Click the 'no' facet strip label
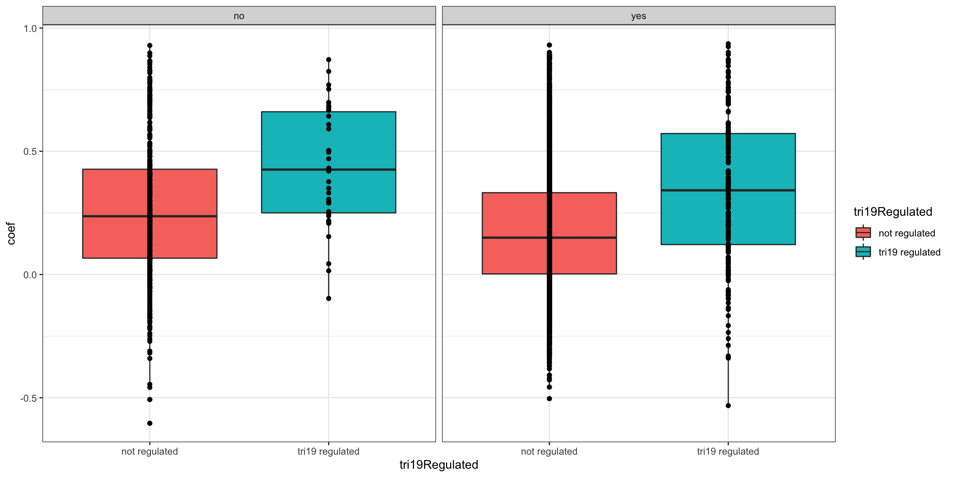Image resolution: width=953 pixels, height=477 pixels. [239, 16]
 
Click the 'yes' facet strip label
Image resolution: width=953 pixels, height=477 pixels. [639, 16]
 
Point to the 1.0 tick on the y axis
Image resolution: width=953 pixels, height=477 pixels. [31, 29]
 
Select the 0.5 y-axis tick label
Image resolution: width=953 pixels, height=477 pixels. [31, 152]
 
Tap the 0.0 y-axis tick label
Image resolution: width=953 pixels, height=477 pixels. [31, 275]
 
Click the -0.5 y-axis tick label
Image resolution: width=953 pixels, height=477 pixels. [29, 398]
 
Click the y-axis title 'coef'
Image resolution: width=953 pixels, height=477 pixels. [11, 234]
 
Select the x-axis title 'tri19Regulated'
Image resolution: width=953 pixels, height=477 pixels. [438, 465]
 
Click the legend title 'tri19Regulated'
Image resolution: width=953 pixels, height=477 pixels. [893, 212]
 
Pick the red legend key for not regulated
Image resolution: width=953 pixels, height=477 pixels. [863, 233]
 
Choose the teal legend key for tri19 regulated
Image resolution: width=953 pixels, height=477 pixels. [863, 252]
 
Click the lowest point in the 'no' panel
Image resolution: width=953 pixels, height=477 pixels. [150, 423]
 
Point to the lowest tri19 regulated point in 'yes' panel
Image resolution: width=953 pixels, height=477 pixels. [728, 405]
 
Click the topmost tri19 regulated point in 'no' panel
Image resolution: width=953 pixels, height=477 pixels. [328, 60]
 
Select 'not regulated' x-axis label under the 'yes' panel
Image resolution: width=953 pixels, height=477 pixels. [549, 451]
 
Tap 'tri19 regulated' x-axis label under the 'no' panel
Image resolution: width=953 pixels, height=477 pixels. [328, 451]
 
